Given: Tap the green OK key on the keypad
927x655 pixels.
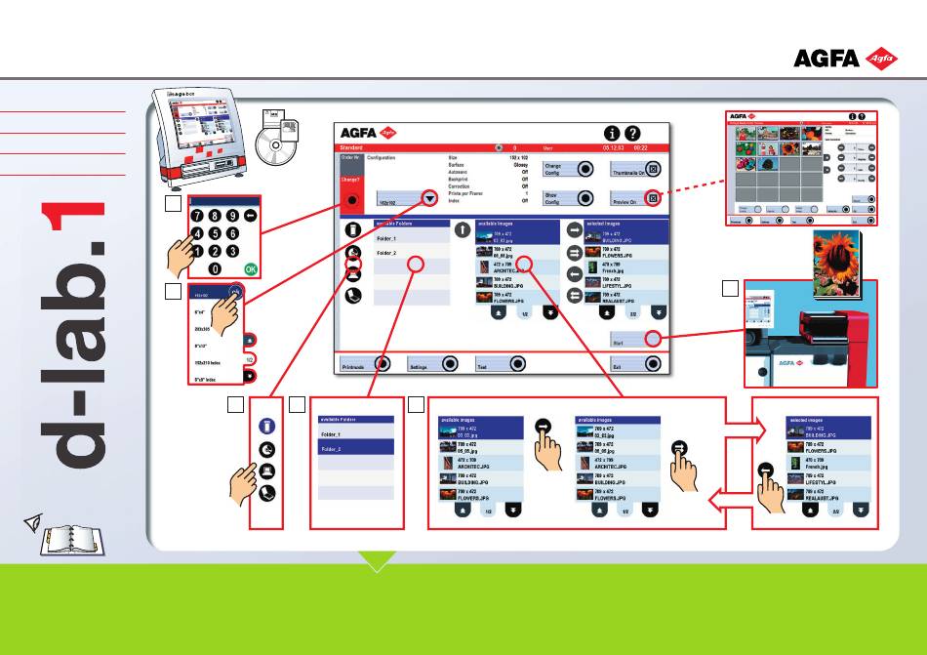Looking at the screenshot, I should point(252,267).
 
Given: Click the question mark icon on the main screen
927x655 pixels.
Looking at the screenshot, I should point(632,133).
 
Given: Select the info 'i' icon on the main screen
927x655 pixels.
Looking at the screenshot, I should point(611,133).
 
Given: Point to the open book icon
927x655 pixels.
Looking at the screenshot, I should point(73,539).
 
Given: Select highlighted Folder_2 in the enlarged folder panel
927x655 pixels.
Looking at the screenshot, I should point(355,449).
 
